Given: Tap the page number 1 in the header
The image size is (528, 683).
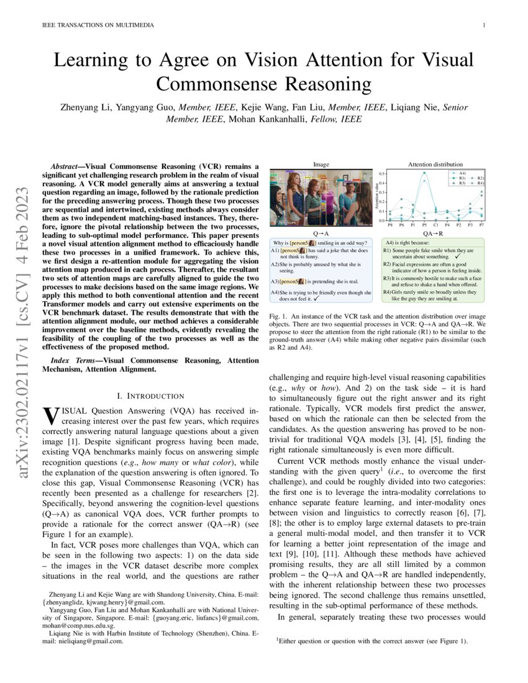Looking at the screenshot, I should [x=483, y=25].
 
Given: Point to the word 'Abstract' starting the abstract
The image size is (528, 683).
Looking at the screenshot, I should [x=65, y=167].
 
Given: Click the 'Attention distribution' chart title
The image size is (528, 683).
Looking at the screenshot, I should [x=435, y=164].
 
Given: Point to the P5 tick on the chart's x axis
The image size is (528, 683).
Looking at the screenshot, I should [x=425, y=224].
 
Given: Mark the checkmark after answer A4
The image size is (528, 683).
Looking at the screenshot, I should [x=317, y=298].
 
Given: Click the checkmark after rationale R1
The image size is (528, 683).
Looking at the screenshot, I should [x=457, y=256].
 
